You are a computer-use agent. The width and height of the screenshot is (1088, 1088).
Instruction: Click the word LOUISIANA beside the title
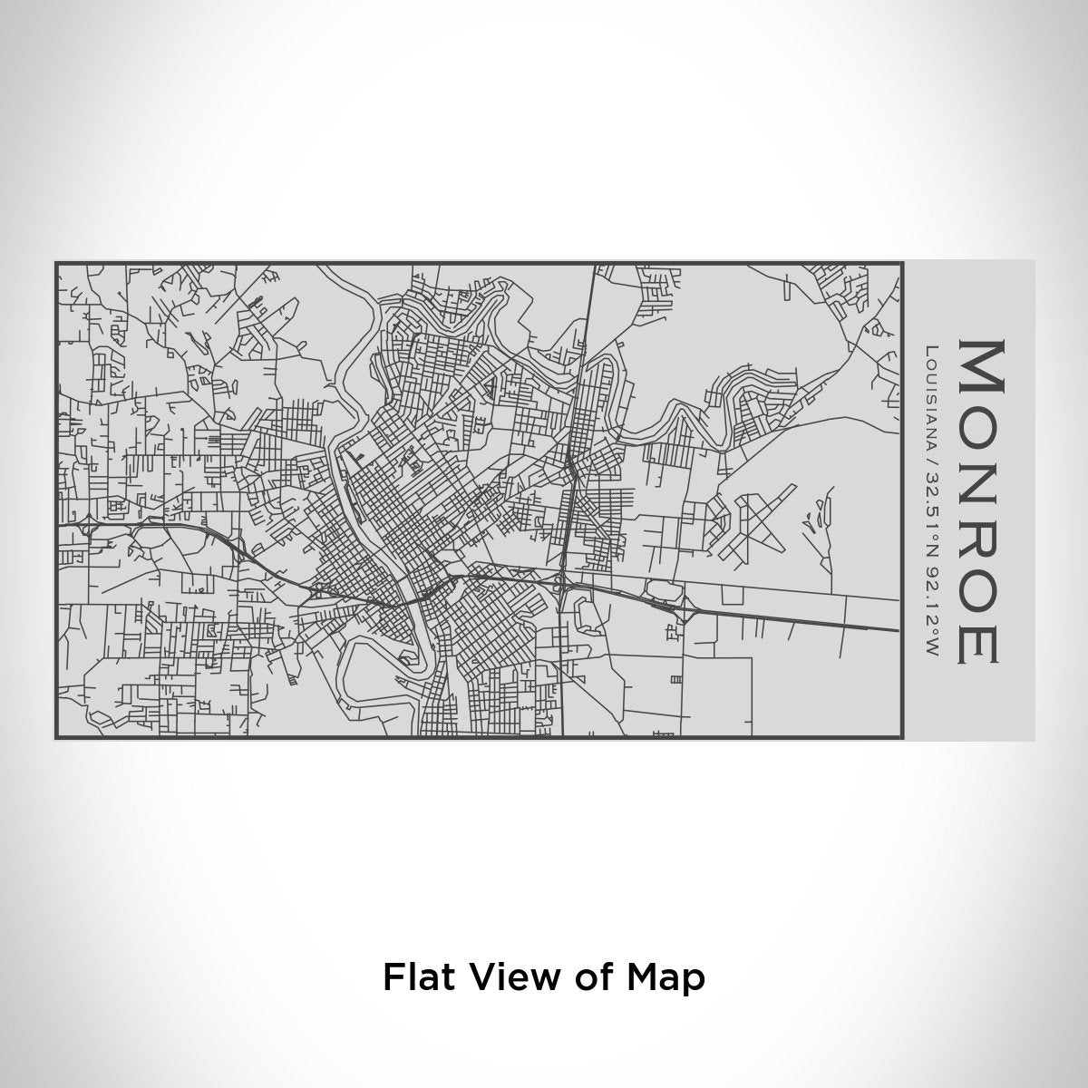pos(932,390)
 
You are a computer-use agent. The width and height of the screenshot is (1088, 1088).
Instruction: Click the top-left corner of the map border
pos(56,263)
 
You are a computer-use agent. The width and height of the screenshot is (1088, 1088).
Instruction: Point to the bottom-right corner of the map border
pos(902,737)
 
